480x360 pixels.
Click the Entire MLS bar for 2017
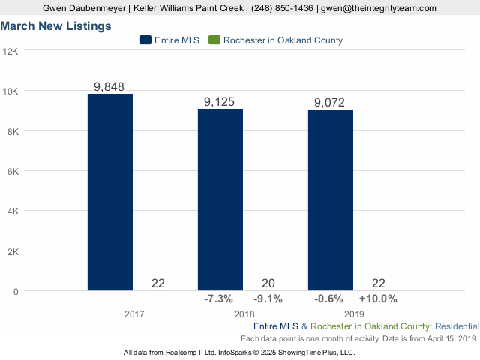coord(110,191)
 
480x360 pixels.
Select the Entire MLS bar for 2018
coord(220,199)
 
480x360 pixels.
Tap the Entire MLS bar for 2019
coord(331,199)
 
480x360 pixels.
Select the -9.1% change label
coord(268,298)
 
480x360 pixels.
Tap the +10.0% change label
coord(378,298)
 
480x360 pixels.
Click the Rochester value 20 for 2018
coord(268,283)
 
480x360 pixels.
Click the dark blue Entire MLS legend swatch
coord(145,40)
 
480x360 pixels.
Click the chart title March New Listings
coord(56,25)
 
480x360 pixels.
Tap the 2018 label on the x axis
coord(244,314)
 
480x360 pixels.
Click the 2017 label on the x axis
coord(134,314)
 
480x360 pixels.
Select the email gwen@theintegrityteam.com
coord(378,7)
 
